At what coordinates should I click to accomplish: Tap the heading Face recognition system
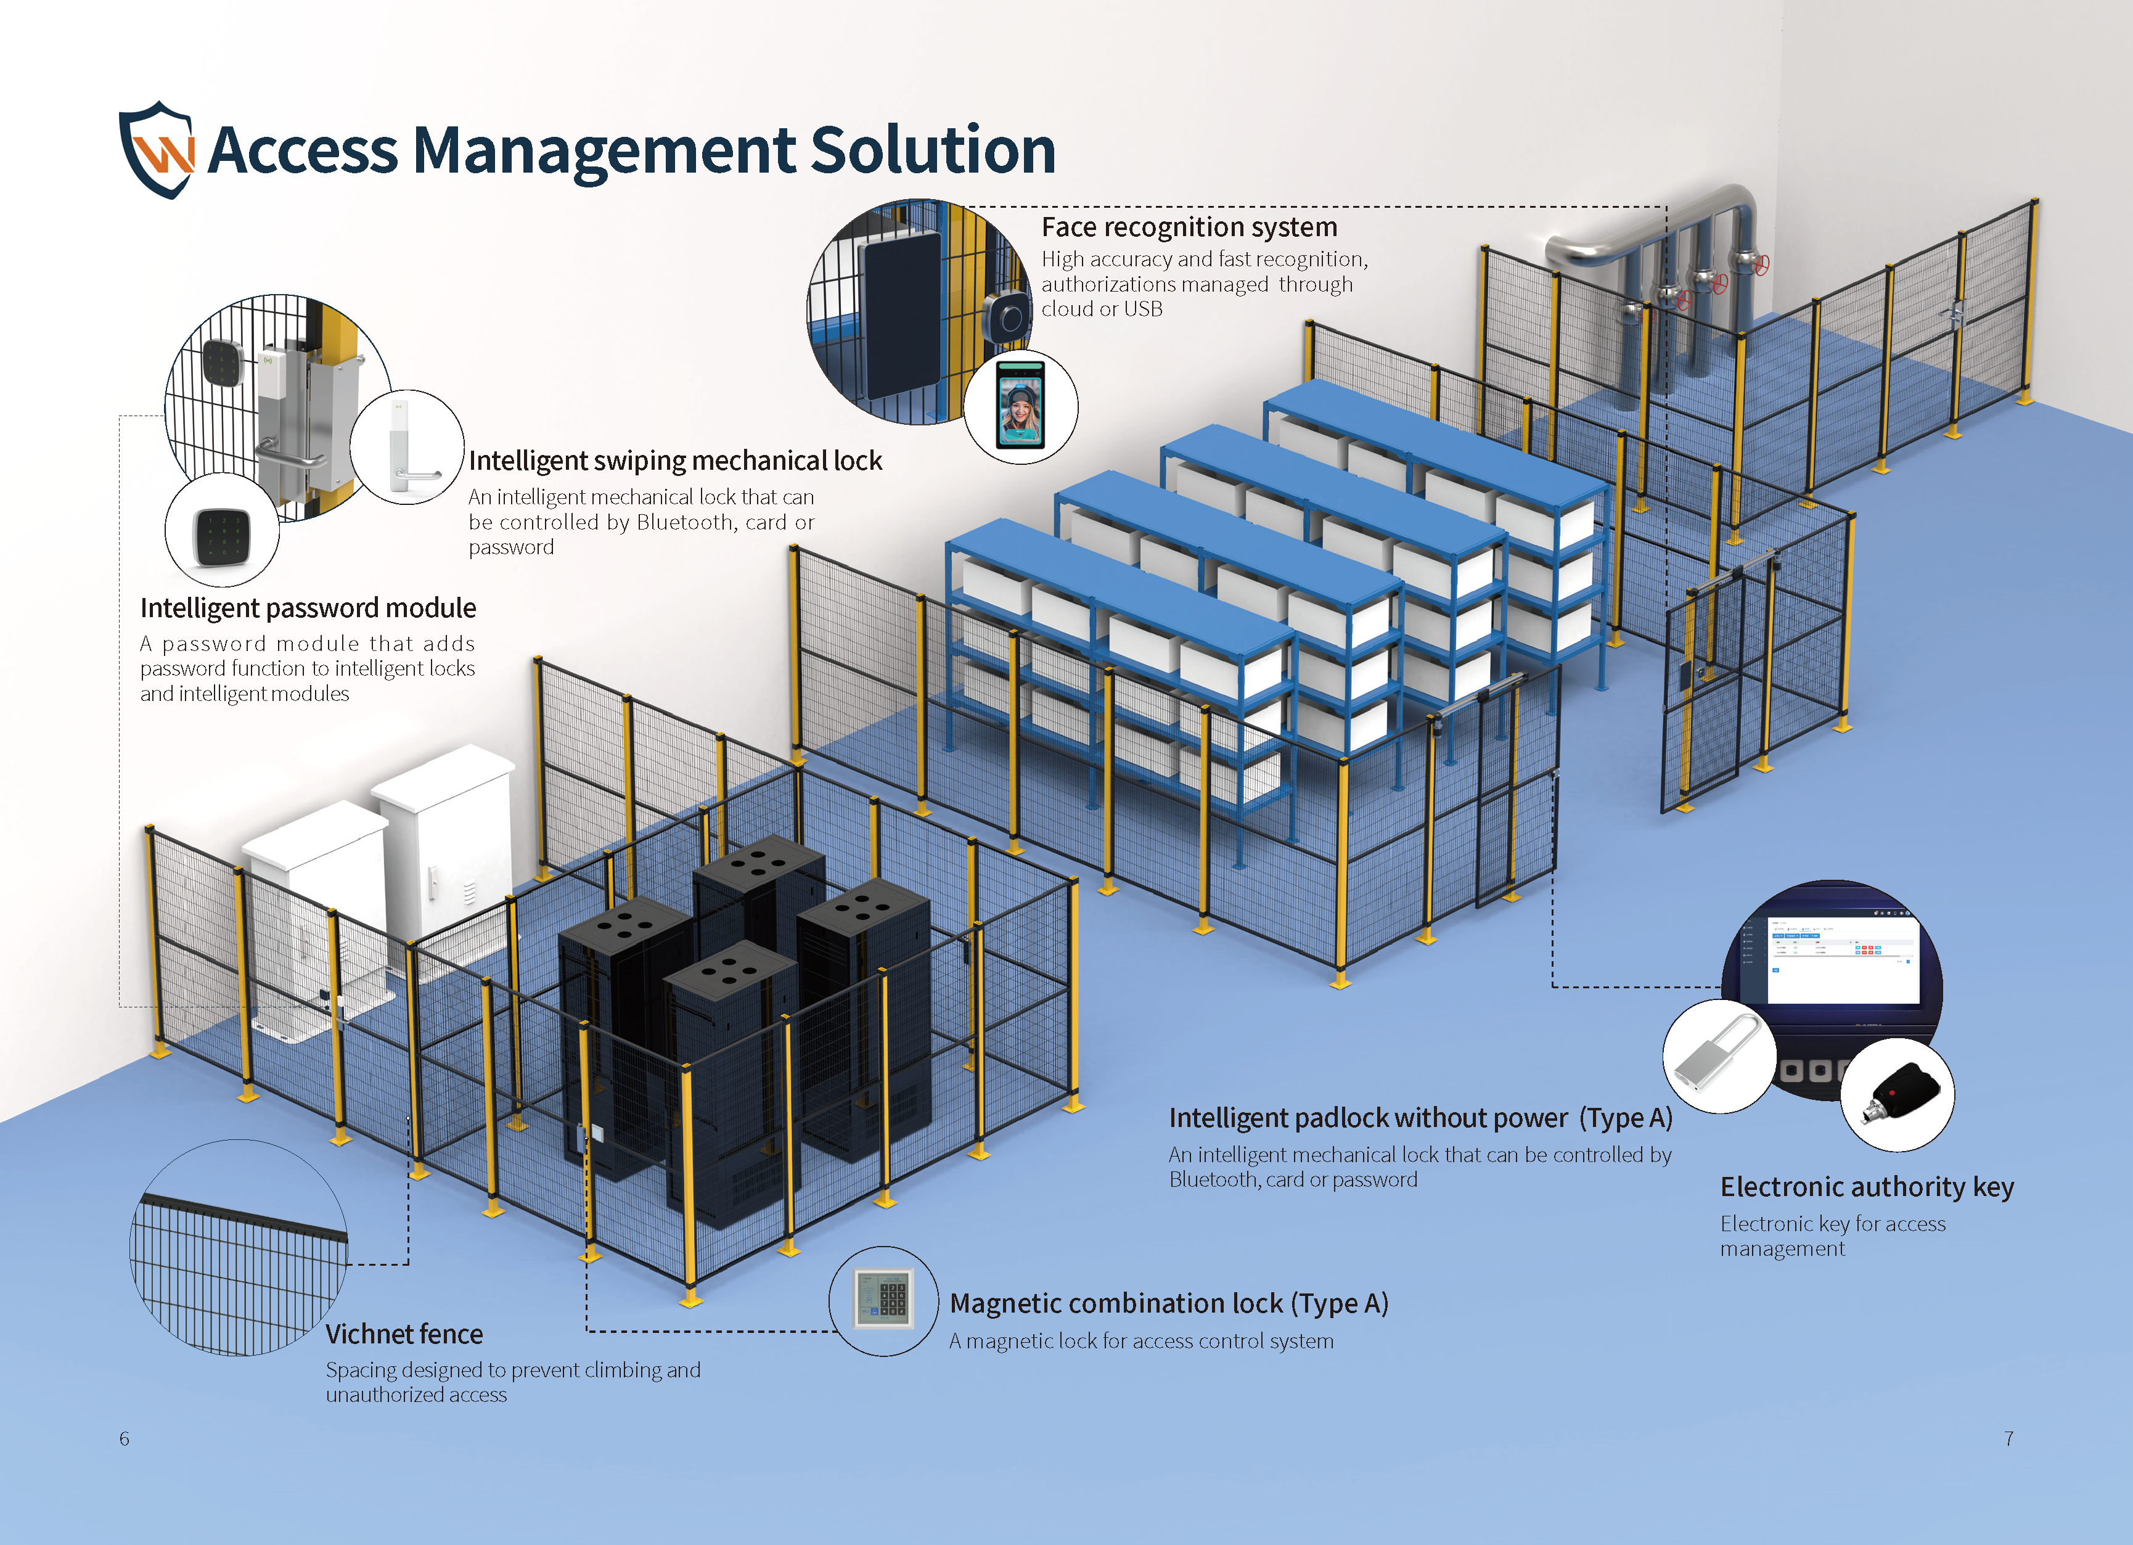1189,227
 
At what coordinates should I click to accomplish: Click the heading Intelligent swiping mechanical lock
675,461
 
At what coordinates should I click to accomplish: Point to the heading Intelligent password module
308,609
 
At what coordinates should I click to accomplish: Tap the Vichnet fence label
404,1334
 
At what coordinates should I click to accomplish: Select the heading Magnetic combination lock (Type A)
1168,1303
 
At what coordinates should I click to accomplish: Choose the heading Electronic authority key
1867,1187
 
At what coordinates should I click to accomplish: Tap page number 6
124,1439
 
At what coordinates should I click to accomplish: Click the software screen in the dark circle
1841,959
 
